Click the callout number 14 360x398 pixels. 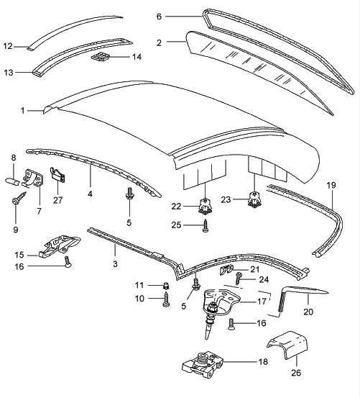(137, 57)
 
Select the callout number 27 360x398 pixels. (57, 200)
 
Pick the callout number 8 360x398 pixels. (14, 158)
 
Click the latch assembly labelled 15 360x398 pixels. (60, 245)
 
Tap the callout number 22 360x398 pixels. (176, 207)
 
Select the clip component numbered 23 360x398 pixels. (254, 199)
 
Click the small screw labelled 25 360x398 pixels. (206, 226)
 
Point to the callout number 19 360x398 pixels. (331, 185)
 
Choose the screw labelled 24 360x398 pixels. (239, 279)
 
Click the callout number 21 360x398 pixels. (255, 269)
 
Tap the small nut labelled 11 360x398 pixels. (166, 286)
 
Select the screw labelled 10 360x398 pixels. (166, 299)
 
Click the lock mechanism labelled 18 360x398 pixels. (203, 365)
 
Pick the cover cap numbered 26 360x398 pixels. (287, 345)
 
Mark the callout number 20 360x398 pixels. (308, 312)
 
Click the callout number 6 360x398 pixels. (159, 17)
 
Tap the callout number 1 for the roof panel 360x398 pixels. (23, 111)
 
